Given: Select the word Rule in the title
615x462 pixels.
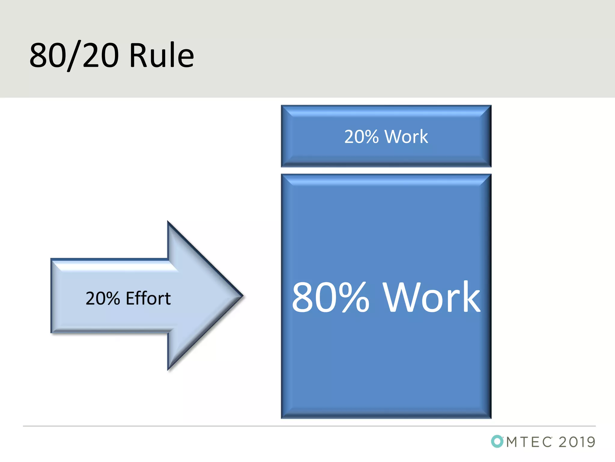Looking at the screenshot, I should click(162, 56).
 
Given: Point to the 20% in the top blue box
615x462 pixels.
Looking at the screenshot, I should click(362, 137).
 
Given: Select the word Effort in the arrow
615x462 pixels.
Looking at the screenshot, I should click(148, 298).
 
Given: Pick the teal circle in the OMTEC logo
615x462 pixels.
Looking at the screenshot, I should click(497, 441).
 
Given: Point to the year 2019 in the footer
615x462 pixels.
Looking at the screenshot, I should click(577, 442).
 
